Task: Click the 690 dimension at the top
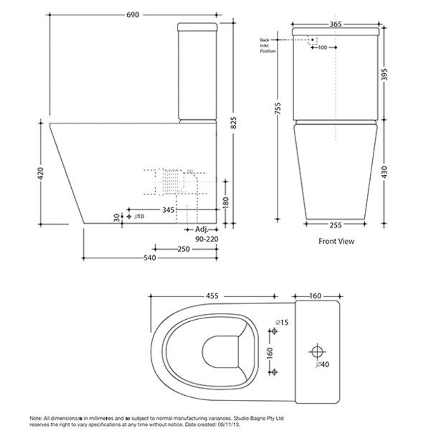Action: pos(133,15)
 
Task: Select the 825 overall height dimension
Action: pos(234,123)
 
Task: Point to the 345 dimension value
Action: pos(169,209)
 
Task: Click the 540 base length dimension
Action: pos(150,258)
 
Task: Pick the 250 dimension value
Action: pos(184,249)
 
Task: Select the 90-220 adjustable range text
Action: pos(207,239)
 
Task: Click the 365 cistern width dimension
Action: pos(336,24)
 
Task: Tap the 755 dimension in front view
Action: pos(278,108)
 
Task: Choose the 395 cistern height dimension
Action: pos(384,74)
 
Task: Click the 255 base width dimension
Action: pos(336,225)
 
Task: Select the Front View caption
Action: pos(336,241)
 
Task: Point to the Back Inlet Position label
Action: pos(267,45)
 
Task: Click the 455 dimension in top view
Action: pos(212,296)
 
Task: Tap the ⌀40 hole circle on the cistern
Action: pos(317,352)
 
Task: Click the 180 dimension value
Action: pos(226,202)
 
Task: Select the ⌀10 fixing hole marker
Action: pos(129,216)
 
